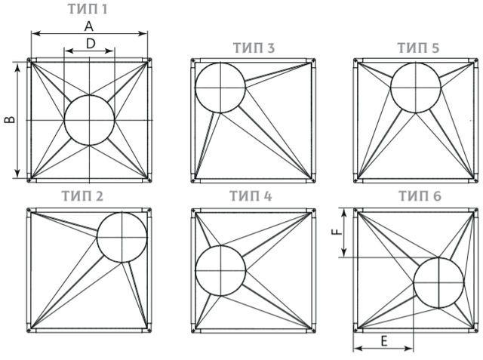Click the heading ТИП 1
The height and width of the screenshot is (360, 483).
coord(88,9)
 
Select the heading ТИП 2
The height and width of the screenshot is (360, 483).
coord(82,196)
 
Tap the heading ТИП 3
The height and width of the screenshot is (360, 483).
coord(254,48)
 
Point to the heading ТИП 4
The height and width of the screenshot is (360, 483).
coord(251,196)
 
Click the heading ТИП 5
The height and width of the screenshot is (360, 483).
coord(418,48)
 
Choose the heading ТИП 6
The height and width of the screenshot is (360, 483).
coord(420,196)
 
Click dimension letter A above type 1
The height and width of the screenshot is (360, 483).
coord(89,26)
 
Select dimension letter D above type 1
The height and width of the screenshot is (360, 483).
coord(91,44)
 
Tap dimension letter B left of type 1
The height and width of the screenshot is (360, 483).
coord(10,119)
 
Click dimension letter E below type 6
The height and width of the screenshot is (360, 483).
coord(384,341)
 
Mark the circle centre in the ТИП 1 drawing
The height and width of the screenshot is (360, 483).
coord(89,120)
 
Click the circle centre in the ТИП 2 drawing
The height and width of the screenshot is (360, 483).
coord(122,237)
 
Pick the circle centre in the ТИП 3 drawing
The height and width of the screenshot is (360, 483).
coord(220,88)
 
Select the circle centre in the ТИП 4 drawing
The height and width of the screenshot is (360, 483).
coord(220,271)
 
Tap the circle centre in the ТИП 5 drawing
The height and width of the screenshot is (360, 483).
coord(416,88)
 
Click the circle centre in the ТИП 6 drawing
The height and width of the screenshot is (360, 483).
coord(438,282)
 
